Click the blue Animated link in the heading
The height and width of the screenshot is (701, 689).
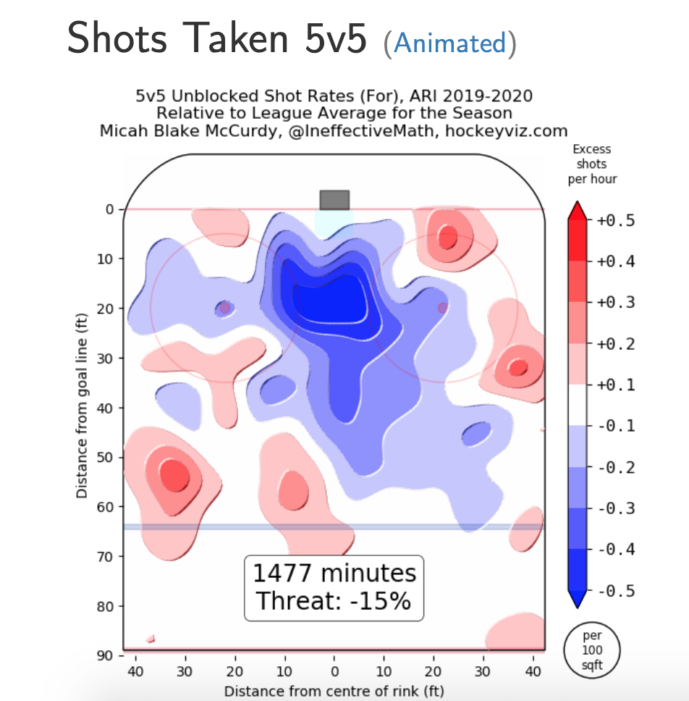click(450, 43)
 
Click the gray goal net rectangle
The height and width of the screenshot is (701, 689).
click(334, 200)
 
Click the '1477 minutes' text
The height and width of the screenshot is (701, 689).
click(334, 574)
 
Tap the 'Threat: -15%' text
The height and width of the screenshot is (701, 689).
click(334, 601)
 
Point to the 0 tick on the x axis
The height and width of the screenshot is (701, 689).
click(334, 671)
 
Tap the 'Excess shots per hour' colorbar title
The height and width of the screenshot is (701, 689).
click(592, 164)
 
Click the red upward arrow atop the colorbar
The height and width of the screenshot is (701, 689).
click(577, 210)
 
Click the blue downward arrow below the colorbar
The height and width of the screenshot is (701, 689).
click(577, 599)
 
